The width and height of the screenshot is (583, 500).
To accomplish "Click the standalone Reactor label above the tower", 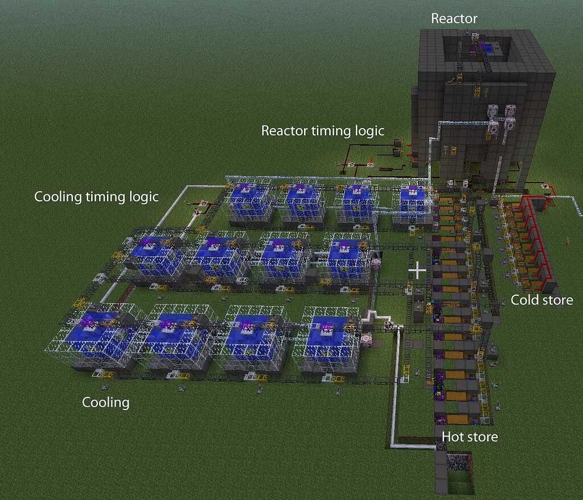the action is click(454, 18).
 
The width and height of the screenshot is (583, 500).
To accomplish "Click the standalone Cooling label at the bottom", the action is click(106, 403).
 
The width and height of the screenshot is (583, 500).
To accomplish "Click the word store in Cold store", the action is click(557, 300).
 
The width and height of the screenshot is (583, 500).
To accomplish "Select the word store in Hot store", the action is click(483, 437).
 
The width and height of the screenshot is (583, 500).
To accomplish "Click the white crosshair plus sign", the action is click(417, 271).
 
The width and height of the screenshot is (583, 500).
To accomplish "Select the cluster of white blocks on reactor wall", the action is click(501, 117).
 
